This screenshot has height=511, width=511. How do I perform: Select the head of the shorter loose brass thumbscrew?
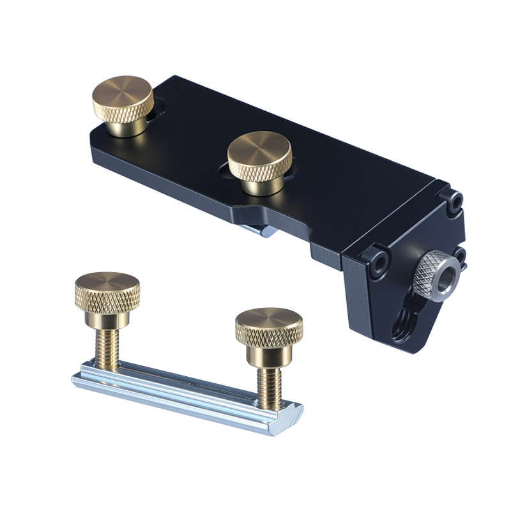point(269,326)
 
